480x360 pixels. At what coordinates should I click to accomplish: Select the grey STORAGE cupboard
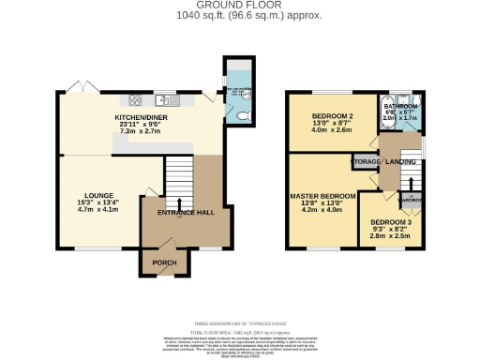click(x=365, y=163)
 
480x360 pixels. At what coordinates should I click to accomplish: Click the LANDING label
click(x=403, y=162)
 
